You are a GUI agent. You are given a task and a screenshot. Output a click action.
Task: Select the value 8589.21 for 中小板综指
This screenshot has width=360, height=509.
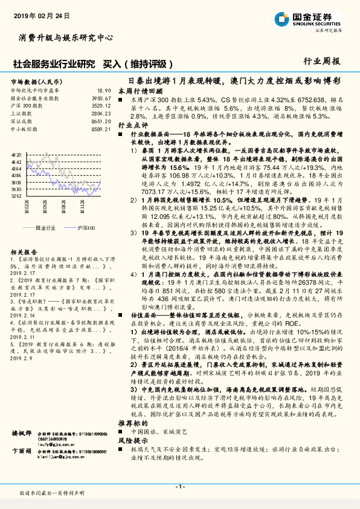click(101, 129)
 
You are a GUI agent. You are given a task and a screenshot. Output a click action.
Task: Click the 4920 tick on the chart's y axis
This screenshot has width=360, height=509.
click(16, 155)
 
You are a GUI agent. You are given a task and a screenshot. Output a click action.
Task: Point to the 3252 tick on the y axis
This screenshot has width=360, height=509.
click(16, 195)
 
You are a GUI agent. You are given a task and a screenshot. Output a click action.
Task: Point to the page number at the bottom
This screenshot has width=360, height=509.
click(180, 487)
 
